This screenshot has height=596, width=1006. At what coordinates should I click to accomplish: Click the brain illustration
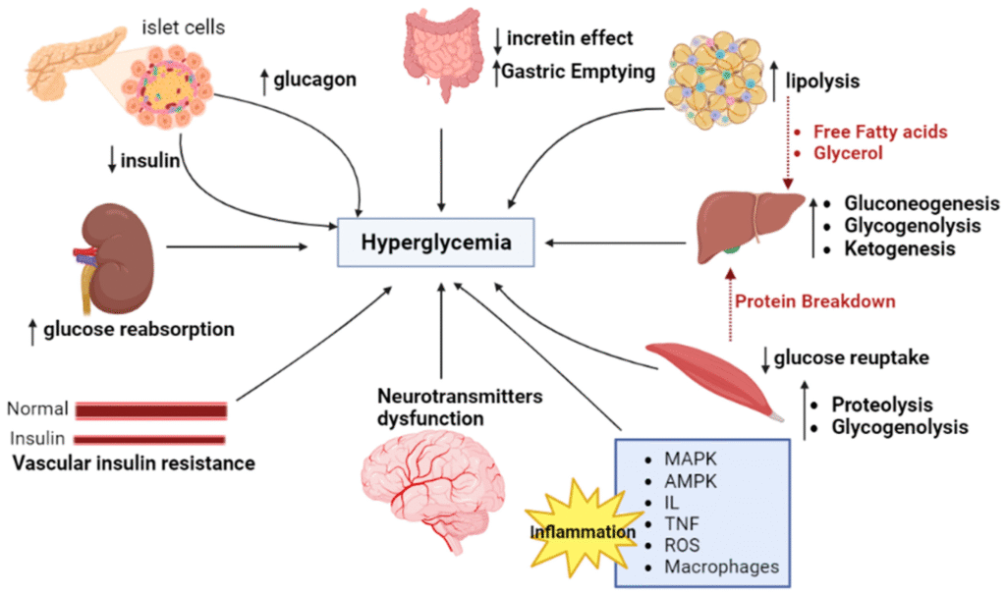click(432, 491)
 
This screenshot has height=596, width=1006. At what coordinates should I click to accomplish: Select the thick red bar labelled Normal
click(151, 410)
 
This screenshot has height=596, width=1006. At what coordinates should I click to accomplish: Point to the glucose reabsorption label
click(137, 329)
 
